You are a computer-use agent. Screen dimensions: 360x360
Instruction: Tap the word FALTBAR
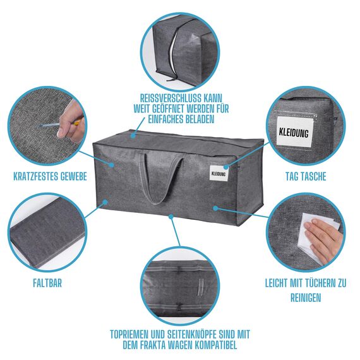point(47,283)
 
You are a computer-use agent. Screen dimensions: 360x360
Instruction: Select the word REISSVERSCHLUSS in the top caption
point(168,98)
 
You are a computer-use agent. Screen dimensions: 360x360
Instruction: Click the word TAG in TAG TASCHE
point(292,176)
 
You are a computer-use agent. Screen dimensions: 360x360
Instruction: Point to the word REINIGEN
point(306,297)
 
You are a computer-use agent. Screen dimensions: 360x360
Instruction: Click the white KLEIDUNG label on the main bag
point(219,173)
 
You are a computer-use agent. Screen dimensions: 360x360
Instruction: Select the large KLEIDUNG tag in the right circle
point(294,131)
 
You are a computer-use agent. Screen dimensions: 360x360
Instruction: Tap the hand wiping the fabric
point(324,239)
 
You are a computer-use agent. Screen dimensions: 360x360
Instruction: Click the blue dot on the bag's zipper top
point(133,136)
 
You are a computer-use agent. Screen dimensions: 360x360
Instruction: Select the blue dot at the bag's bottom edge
point(171,216)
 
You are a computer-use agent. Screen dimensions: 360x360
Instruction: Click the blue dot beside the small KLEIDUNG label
point(226,167)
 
